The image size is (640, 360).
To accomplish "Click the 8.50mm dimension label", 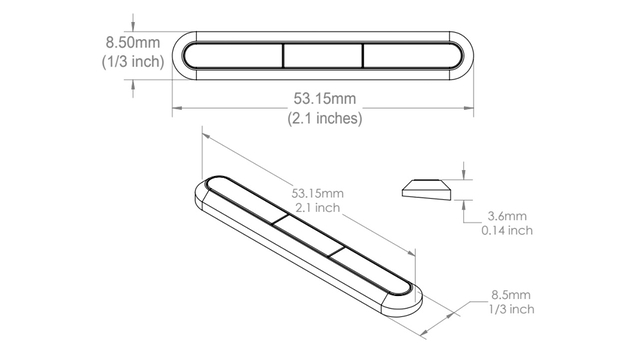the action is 133,42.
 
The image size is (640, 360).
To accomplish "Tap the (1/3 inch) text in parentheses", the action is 133,62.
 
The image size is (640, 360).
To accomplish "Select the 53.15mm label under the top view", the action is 325,98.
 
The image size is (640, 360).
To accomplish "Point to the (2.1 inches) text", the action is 325,118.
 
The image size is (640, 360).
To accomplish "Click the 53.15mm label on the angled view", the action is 318,193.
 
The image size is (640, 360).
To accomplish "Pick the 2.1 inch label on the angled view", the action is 318,208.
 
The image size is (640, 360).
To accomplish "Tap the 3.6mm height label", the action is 507,216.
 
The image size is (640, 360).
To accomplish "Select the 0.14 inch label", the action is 507,231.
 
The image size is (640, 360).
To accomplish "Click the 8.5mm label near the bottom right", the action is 511,294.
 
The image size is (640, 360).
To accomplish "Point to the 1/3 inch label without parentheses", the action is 511,309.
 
